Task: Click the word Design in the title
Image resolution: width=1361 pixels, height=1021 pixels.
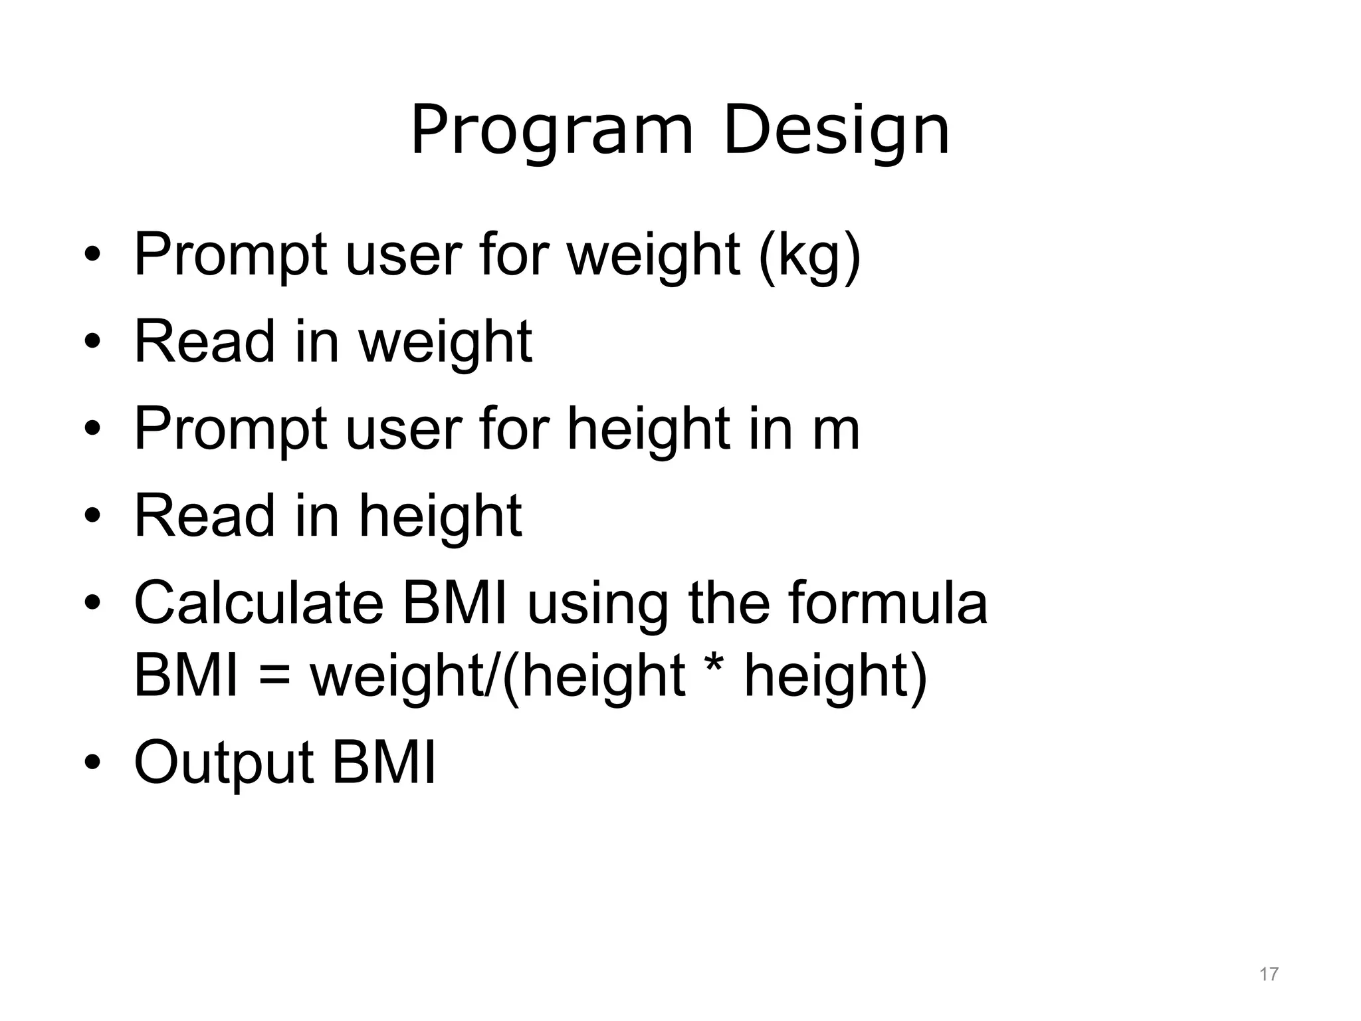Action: pos(836,132)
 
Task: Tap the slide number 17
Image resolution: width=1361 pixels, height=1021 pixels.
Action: pos(1269,974)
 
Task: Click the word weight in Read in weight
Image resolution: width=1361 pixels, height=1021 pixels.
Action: pos(445,343)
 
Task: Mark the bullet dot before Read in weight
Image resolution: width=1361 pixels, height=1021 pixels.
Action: pos(92,342)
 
